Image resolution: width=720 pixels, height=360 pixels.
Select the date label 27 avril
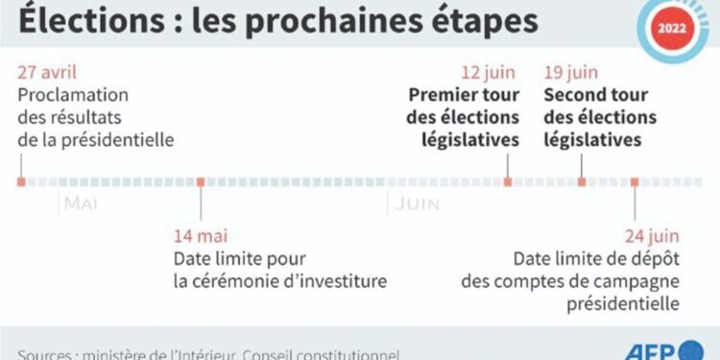pos(47,73)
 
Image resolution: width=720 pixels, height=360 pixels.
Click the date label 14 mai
pos(201,235)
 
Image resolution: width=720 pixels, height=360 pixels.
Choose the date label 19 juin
pos(573,73)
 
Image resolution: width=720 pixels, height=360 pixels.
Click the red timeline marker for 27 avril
pos(21,181)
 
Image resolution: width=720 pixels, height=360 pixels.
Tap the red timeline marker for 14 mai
pos(201,181)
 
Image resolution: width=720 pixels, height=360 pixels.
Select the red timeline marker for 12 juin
pos(509,181)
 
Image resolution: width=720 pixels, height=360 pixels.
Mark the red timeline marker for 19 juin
pos(581,181)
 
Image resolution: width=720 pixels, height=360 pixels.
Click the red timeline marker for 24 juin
pos(634,181)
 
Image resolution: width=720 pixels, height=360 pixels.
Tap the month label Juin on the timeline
pos(416,204)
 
